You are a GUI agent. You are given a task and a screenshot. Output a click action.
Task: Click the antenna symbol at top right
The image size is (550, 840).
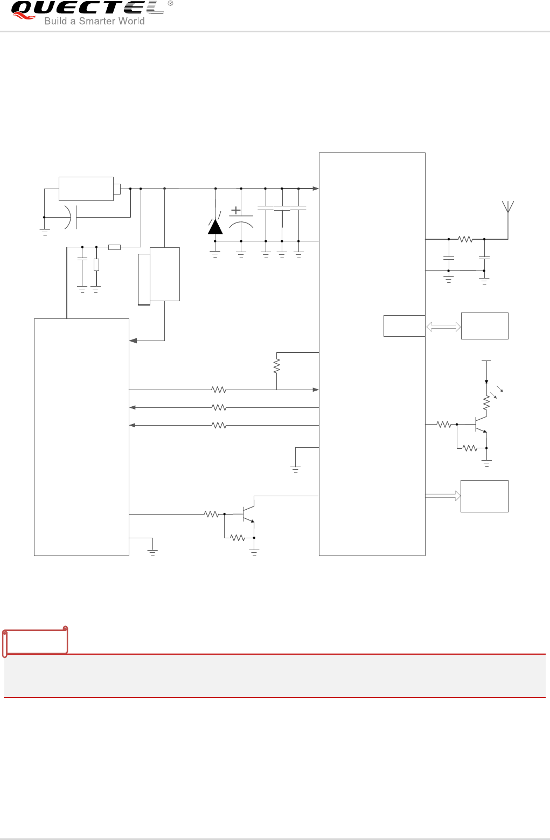507,207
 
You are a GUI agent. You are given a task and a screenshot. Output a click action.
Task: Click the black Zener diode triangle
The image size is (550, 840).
215,227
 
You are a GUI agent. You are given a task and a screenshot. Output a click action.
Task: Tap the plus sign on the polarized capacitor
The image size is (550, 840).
236,211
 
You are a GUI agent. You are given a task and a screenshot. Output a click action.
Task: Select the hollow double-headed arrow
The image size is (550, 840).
443,327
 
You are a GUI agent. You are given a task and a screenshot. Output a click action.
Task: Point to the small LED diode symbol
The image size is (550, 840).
486,381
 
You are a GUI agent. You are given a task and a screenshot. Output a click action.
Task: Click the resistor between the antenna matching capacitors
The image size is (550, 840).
465,239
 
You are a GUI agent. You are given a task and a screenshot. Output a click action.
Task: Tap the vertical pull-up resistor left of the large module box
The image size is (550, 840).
277,366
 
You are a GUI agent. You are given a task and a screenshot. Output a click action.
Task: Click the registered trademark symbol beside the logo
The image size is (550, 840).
170,4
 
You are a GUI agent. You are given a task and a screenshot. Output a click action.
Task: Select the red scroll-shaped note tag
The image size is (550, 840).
36,641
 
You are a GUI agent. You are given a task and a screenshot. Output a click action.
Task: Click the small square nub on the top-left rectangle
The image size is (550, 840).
117,189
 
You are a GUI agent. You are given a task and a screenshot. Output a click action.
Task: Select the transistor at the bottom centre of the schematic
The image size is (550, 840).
247,514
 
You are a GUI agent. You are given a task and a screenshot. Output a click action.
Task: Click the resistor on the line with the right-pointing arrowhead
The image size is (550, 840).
218,390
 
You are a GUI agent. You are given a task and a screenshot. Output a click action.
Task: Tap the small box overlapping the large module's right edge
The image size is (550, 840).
404,326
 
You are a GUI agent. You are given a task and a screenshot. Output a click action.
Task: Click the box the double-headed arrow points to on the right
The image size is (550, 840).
484,326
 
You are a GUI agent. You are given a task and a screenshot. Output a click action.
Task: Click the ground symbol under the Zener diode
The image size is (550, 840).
215,254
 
